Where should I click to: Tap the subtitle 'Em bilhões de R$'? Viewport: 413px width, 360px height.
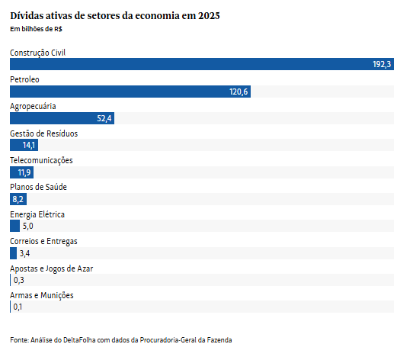pos(37,29)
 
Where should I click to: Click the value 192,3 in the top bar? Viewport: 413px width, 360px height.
pos(382,65)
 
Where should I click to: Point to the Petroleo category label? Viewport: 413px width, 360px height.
pos(25,79)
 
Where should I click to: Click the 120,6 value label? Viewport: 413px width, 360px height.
pos(239,92)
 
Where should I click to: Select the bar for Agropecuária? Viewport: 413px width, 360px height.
pos(61,118)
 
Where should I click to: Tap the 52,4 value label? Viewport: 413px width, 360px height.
pos(104,118)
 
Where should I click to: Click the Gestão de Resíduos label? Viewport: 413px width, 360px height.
pos(43,133)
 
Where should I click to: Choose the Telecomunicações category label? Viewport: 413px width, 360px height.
pos(41,160)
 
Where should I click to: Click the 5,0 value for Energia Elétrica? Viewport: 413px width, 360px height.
pos(27,227)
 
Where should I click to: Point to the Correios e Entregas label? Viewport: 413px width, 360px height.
pos(43,241)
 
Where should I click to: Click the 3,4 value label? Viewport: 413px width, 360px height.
pos(24,253)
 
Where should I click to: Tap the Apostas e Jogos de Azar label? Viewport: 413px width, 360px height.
pos(51,268)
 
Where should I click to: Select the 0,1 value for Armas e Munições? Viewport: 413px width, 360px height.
pos(18,307)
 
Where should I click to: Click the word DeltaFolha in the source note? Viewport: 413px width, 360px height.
pos(85,339)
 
